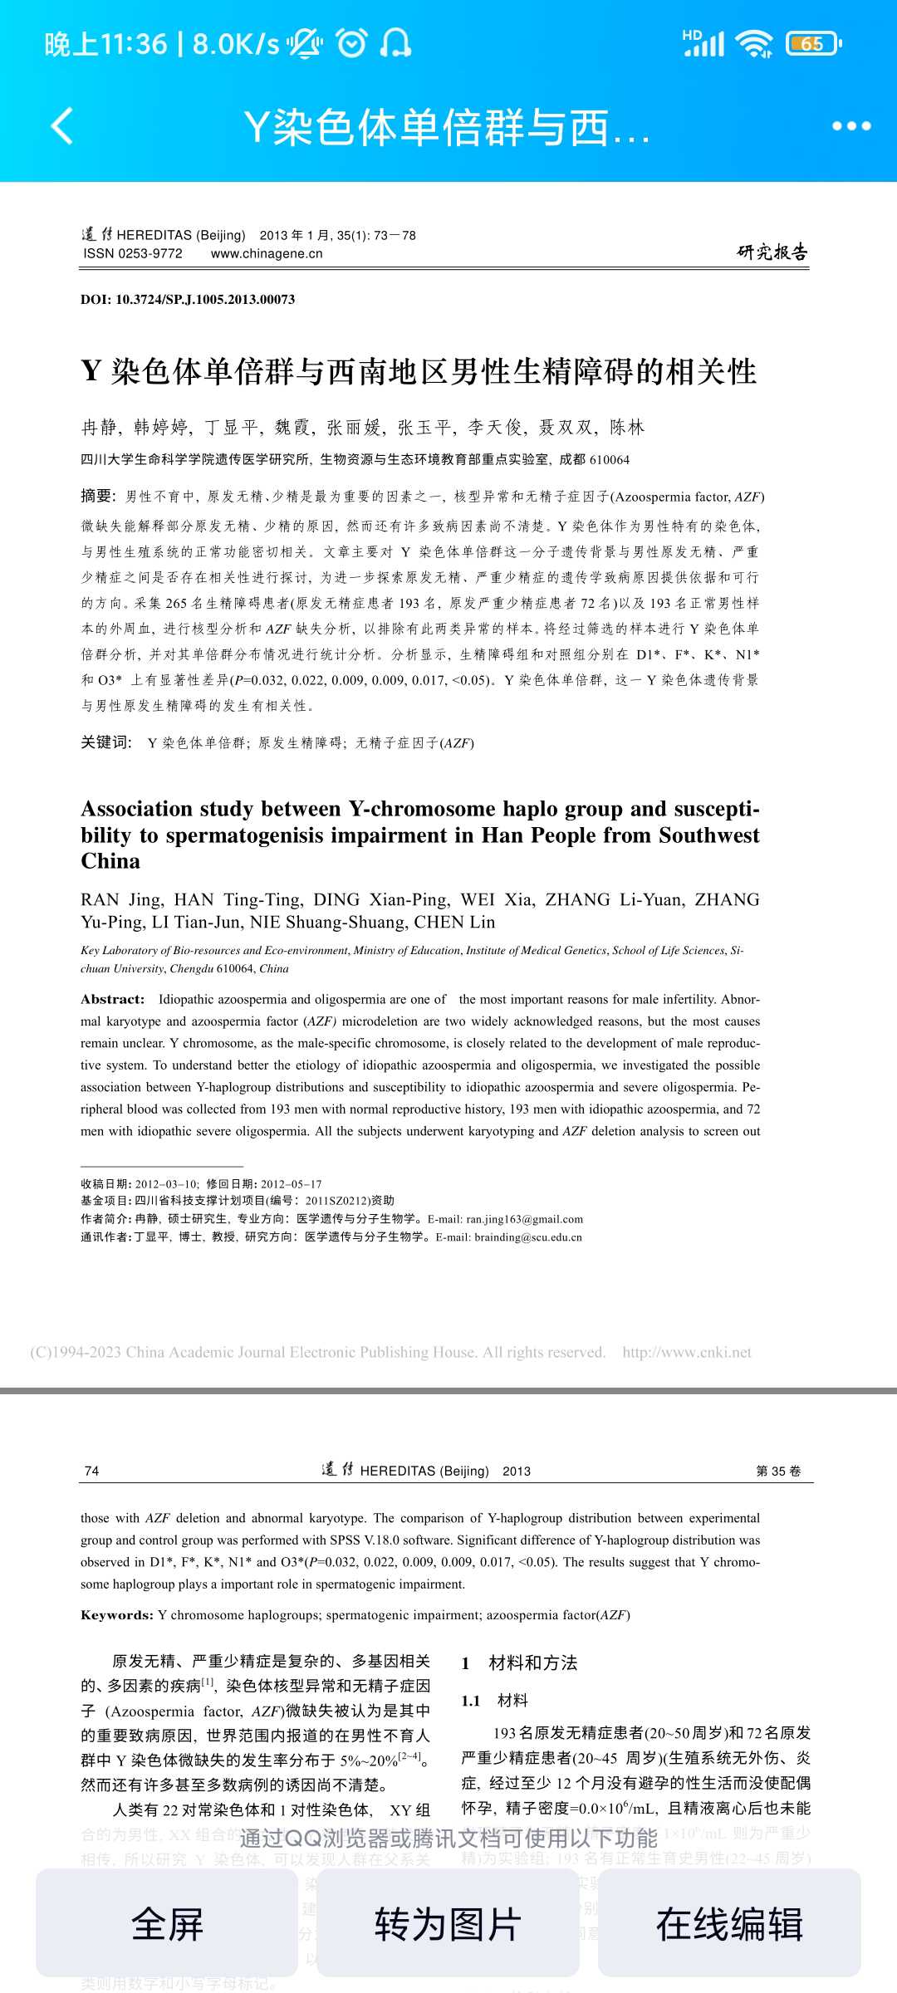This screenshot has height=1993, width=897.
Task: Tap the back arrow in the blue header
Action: pos(62,126)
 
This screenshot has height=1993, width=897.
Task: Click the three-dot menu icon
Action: pos(851,126)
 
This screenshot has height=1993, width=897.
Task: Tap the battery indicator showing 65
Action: pos(813,43)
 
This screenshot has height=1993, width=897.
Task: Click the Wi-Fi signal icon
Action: pos(755,43)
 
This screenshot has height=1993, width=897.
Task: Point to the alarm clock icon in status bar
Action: pos(351,43)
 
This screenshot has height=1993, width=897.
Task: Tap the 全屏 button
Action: pos(167,1923)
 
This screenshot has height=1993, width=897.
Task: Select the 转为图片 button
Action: pos(448,1923)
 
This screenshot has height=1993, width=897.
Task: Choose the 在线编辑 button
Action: pos(729,1923)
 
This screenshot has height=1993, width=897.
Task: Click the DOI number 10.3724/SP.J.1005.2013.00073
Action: pos(204,300)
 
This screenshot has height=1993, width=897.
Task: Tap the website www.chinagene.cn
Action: pos(267,253)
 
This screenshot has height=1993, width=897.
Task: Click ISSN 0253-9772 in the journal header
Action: pos(133,253)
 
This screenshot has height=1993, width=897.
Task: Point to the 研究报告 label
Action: pos(772,252)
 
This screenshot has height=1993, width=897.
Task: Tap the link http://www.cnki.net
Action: pos(687,1353)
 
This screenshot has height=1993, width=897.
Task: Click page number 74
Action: pos(92,1471)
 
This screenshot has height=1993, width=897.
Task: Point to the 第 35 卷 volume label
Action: pos(778,1471)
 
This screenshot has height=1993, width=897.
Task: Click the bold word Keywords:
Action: pos(117,1615)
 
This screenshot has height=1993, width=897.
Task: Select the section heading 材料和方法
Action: pos(532,1662)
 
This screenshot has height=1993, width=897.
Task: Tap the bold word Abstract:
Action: pos(113,999)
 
